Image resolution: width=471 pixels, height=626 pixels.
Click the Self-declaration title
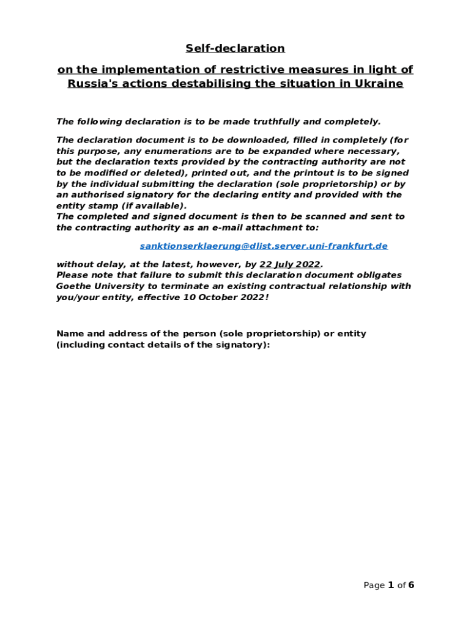(x=236, y=48)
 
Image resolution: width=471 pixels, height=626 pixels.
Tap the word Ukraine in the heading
(x=380, y=84)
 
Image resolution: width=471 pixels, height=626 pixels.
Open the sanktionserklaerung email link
(x=264, y=246)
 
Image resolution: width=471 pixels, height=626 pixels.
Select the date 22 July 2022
(x=290, y=264)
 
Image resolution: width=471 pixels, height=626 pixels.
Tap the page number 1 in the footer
(x=390, y=585)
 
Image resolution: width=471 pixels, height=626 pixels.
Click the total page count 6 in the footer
(x=411, y=585)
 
